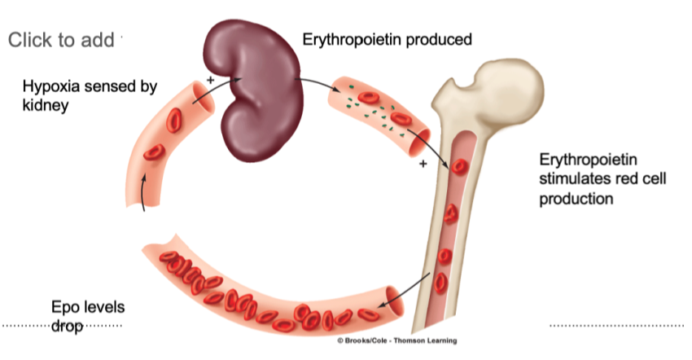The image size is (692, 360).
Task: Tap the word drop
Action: (x=68, y=326)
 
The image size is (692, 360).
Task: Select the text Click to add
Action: (x=61, y=40)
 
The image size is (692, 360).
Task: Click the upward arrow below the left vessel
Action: (x=145, y=192)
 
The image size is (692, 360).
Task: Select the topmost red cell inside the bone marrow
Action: (x=459, y=168)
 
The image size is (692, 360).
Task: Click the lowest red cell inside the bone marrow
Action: (x=440, y=283)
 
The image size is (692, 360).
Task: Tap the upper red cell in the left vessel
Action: (x=174, y=120)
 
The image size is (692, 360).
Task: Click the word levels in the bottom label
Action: (x=105, y=308)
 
